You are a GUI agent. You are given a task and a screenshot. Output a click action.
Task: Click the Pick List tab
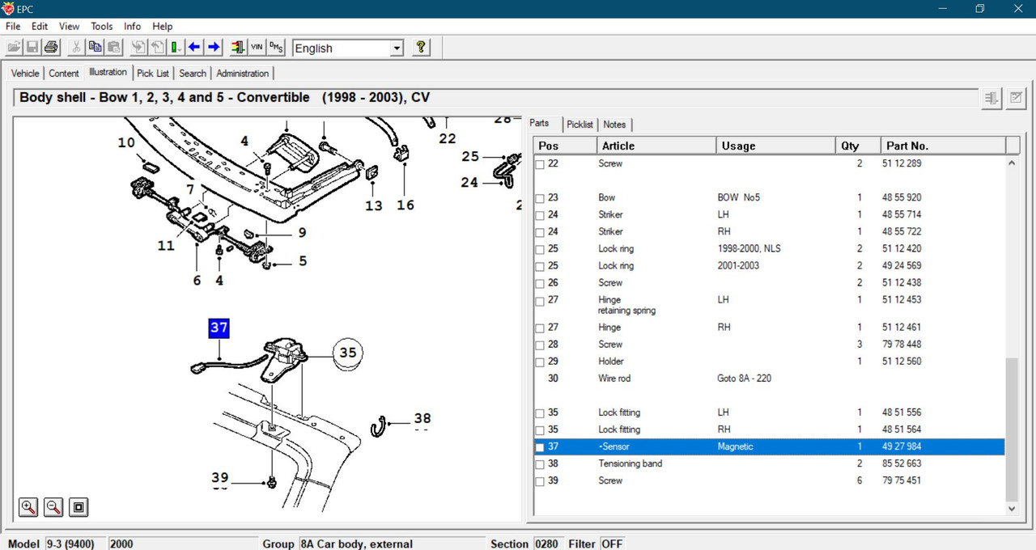153,74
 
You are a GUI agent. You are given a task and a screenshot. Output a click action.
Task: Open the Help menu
163,27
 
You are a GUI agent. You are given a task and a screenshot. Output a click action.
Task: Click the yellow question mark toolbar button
420,47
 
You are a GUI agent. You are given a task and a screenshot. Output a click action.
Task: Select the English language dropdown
348,48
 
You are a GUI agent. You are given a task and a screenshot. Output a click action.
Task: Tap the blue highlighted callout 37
219,328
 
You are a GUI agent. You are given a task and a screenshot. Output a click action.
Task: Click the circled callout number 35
348,353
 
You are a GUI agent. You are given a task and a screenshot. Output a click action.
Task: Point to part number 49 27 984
902,446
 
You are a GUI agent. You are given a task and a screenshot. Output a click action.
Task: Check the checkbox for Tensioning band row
540,464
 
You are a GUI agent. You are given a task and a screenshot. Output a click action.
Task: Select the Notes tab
614,125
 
